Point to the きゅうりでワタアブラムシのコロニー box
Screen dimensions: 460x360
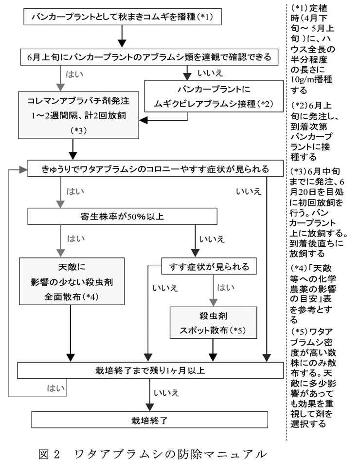point(155,169)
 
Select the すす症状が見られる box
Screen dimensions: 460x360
point(210,266)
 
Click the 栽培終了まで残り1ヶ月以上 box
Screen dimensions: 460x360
point(150,370)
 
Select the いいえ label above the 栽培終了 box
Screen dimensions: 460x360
point(167,393)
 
